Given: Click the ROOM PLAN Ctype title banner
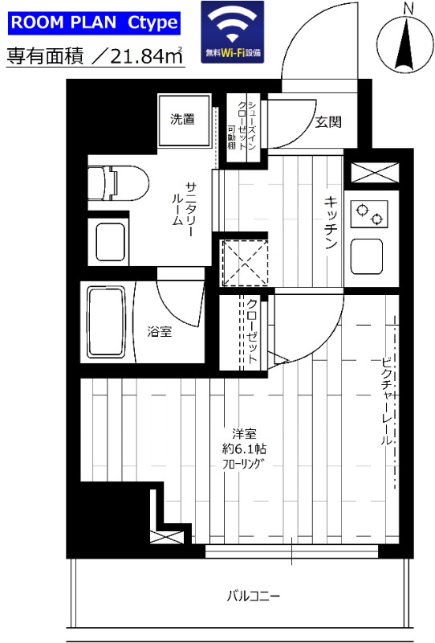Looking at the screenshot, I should tap(93, 23).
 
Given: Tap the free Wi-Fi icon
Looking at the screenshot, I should tap(234, 31).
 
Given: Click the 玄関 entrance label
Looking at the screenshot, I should tap(328, 122).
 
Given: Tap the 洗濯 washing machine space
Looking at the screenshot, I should tap(183, 120).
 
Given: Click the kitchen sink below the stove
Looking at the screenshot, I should tap(368, 256).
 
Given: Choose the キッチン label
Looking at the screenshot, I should tap(330, 223).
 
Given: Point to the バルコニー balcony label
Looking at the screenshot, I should tap(253, 596).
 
